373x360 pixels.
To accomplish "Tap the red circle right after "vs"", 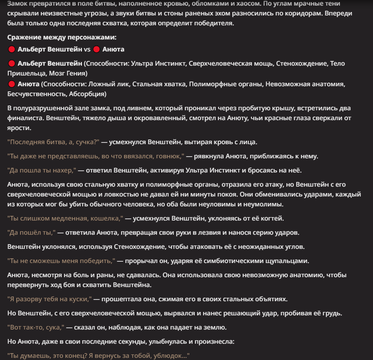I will tap(97, 49).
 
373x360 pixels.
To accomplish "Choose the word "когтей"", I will tap(273, 218).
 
